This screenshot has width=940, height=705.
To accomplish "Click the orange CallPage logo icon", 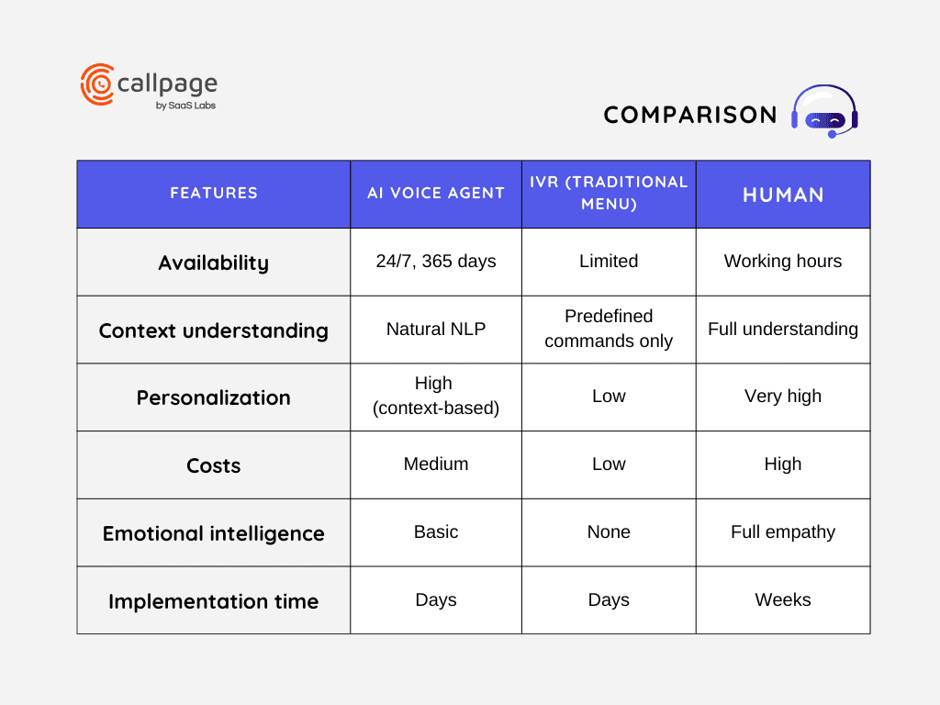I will point(97,84).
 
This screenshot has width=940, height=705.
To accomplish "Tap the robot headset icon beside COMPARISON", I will point(824,111).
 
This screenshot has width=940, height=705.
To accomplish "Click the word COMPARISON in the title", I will point(690,115).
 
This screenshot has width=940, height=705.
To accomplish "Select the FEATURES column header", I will point(214,193).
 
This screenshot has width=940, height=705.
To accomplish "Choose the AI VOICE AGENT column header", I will point(436,193).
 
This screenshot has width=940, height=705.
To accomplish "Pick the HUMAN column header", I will point(783,195).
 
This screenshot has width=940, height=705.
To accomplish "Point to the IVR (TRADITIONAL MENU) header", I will point(609,193).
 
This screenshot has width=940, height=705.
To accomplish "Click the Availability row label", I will point(214,263).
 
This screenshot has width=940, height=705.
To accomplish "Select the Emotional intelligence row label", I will point(214,533).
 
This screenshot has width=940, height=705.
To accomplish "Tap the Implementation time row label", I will point(214,601).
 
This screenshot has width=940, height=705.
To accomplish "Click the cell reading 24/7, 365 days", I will point(436,262).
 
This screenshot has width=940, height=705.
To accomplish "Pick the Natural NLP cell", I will point(436,330).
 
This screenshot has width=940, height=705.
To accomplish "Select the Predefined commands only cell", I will point(609,329).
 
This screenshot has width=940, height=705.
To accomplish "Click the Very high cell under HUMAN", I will point(783,397).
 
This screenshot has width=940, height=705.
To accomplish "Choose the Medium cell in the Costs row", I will point(436,464).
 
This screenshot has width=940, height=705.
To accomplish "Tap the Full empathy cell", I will point(783,532).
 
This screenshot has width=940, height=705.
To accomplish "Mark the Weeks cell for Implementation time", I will point(783,600).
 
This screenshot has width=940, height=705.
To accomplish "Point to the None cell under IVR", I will point(609,532).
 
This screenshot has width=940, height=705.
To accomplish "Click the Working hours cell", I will point(783,262).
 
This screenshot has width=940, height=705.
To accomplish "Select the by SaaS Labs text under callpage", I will point(186,106).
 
